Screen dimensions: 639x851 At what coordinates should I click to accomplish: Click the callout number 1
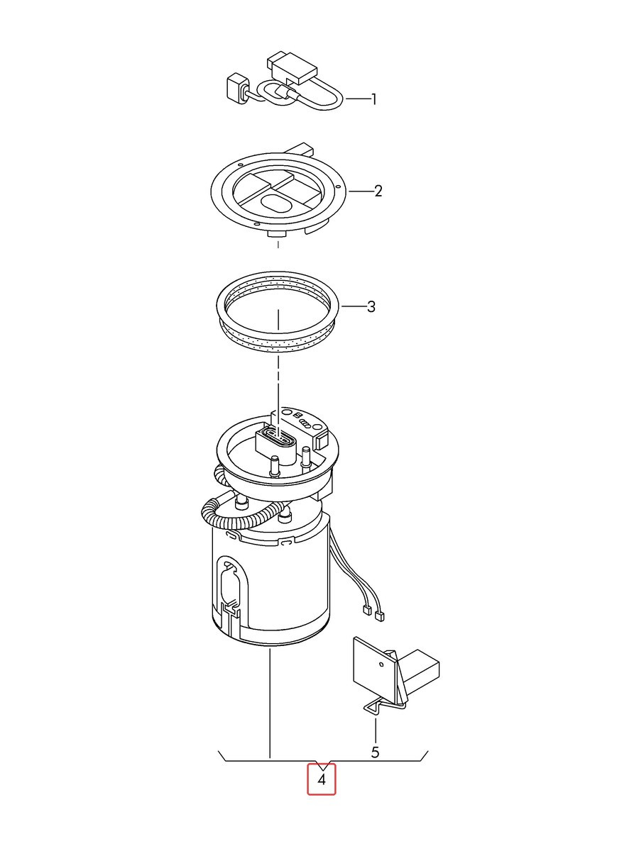(373, 100)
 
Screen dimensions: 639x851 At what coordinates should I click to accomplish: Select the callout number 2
(378, 191)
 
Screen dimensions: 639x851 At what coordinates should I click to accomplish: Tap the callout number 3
(371, 306)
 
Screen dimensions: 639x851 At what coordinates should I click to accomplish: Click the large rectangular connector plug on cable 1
(292, 67)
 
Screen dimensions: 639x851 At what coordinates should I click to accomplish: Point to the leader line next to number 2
(360, 191)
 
